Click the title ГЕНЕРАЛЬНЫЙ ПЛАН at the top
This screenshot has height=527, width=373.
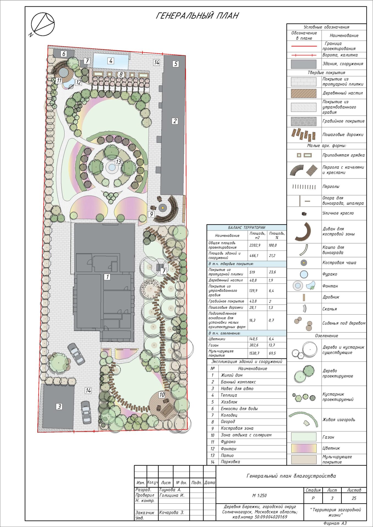[x=197, y=16]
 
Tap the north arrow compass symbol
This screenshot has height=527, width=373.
[x=43, y=24]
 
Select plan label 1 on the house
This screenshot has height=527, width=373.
[x=107, y=277]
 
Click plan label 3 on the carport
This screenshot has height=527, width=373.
[x=59, y=407]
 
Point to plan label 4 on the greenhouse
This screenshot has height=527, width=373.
[x=111, y=61]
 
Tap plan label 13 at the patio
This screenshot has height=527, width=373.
[x=118, y=162]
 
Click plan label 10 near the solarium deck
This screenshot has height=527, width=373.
[x=162, y=395]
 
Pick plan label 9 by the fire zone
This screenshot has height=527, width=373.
[x=151, y=214]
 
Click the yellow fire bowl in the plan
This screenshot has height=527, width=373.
[x=163, y=208]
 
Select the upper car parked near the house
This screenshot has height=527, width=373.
[x=76, y=354]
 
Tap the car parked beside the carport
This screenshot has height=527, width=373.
[x=85, y=413]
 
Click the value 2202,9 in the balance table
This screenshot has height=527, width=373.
[x=255, y=245]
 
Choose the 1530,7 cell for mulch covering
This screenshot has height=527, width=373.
[x=255, y=353]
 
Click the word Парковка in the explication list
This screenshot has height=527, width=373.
[x=230, y=462]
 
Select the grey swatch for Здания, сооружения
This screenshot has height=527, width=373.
[x=303, y=64]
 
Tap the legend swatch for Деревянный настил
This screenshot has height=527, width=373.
[x=303, y=93]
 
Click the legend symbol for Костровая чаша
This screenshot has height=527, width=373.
[x=304, y=263]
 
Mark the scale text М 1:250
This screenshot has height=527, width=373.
[x=259, y=495]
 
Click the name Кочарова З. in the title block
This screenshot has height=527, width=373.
[x=172, y=512]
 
